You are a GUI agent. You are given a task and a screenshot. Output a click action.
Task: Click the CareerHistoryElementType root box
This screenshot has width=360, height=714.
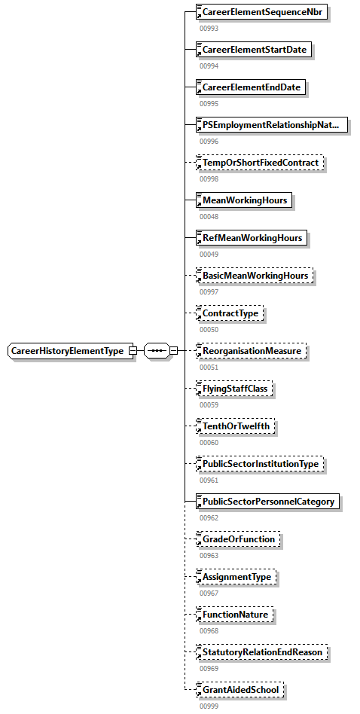(67, 351)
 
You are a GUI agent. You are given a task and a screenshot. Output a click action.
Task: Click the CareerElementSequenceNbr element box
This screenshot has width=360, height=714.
(261, 12)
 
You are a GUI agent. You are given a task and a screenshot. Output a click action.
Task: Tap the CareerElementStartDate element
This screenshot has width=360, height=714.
(254, 50)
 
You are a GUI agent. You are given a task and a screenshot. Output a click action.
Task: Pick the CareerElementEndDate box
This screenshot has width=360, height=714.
(251, 87)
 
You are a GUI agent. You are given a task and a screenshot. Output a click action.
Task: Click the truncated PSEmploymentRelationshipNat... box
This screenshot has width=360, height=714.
(271, 125)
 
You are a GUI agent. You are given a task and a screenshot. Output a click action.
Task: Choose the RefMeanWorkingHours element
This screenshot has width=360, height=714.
(252, 238)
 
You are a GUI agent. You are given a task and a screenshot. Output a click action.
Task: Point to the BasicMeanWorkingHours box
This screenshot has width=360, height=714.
(254, 276)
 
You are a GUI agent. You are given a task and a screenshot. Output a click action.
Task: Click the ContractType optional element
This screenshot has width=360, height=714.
(230, 313)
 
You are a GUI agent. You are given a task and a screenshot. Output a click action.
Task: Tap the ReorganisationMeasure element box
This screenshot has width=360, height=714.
(251, 351)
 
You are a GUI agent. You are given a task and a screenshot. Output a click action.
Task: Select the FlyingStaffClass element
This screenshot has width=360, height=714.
(234, 389)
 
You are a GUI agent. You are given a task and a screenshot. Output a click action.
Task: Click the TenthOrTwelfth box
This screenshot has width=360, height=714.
(236, 426)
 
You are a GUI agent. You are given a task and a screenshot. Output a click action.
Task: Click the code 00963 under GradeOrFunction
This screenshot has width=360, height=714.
(209, 555)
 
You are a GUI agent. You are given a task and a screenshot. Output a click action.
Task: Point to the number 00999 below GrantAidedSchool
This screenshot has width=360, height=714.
(209, 706)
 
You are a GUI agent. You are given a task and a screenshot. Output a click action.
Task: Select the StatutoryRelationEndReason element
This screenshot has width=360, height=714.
(263, 652)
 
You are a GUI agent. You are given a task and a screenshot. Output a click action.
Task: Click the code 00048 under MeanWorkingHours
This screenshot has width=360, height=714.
(209, 216)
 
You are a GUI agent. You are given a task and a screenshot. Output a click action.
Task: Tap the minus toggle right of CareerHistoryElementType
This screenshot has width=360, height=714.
(133, 351)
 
